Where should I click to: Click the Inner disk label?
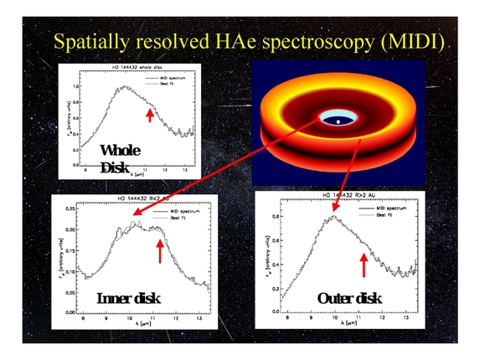pyautogui.click(x=128, y=299)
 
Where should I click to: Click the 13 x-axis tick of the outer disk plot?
pyautogui.click(x=406, y=319)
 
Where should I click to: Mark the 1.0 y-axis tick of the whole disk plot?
pyautogui.click(x=77, y=85)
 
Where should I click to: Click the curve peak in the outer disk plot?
pyautogui.click(x=333, y=217)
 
